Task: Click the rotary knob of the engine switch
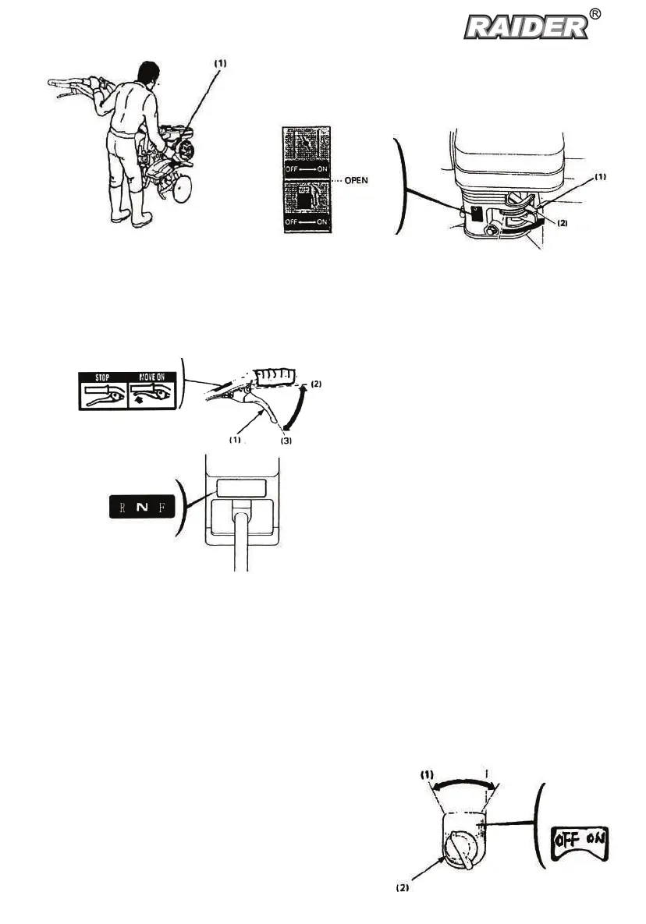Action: (458, 855)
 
